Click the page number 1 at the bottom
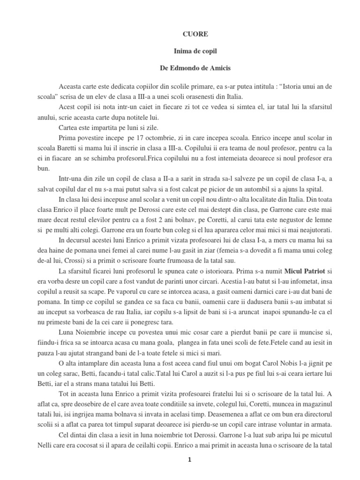(x=189, y=460)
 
